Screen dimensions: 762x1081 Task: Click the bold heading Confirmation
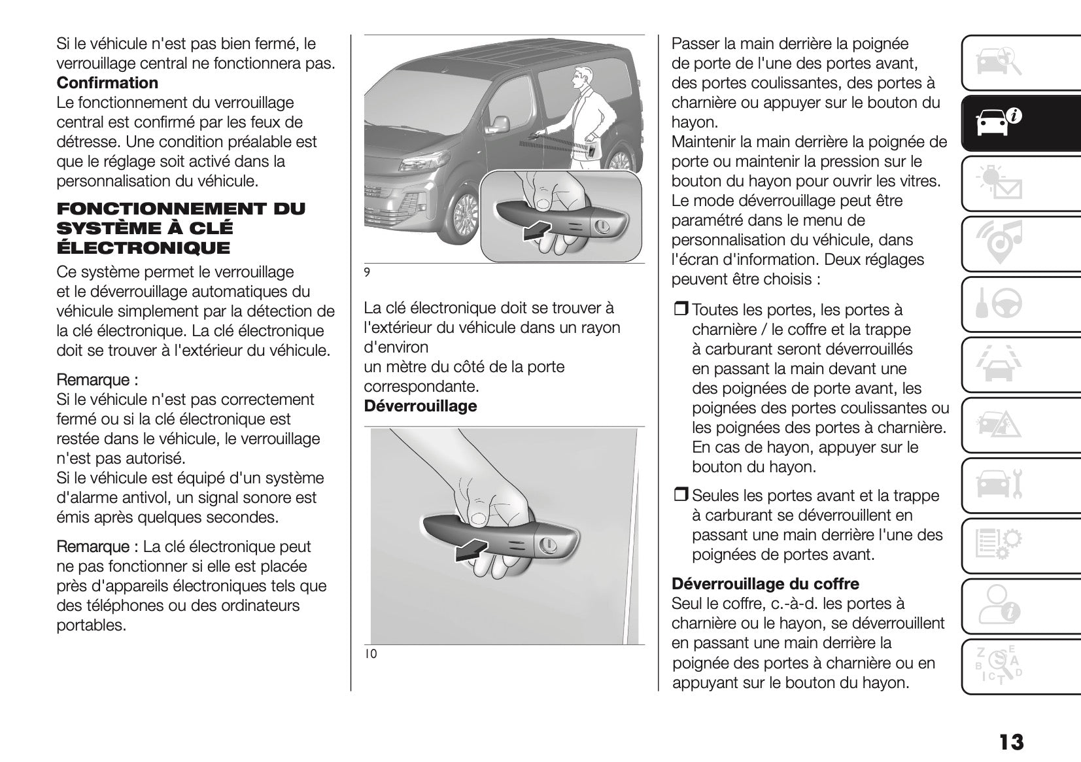107,83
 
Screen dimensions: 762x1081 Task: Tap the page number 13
1010,742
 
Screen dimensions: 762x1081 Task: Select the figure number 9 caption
367,272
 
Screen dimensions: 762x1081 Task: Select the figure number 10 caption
371,653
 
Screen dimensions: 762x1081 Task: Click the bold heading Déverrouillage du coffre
765,583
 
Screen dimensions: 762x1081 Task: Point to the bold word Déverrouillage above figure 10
420,406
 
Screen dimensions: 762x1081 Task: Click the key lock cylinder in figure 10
547,545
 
